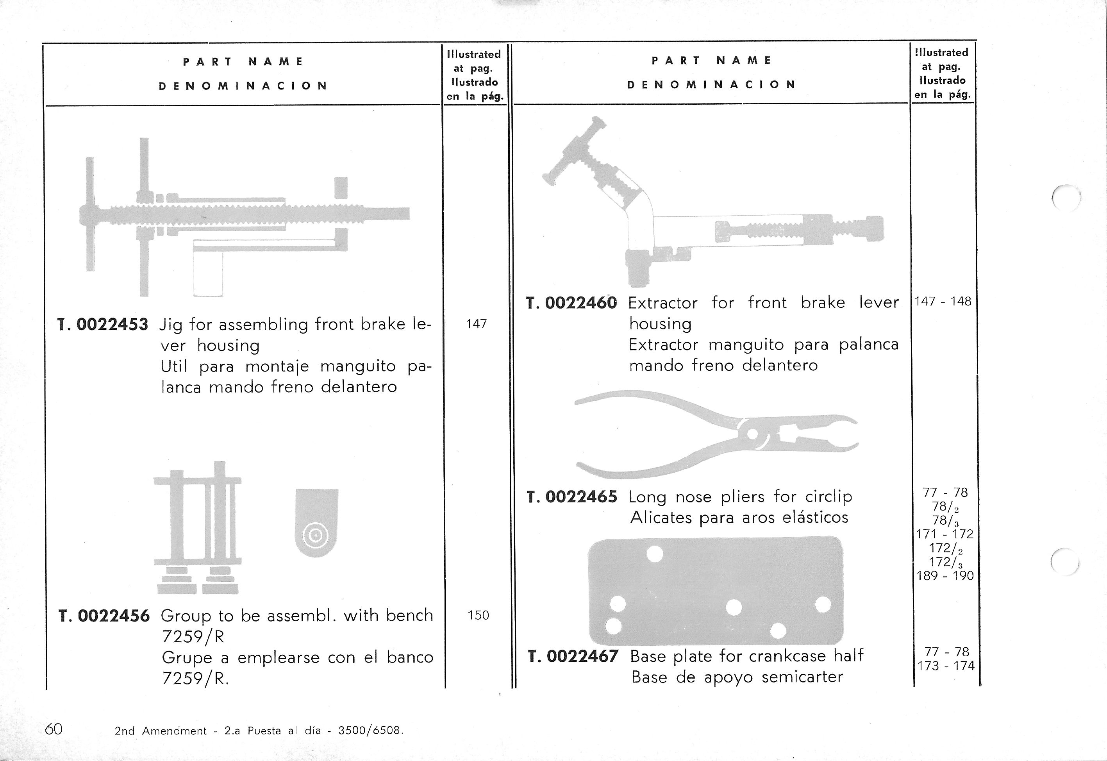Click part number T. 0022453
pos(102,325)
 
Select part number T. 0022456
pos(104,616)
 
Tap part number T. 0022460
pos(571,303)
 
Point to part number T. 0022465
pos(571,497)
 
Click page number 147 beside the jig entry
pos(476,324)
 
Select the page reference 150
pos(478,616)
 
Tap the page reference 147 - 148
pos(943,301)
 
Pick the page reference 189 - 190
pos(945,576)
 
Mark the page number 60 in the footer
pos(54,729)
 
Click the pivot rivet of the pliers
pos(752,434)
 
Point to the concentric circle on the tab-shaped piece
pos(316,536)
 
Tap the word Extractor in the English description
pos(662,303)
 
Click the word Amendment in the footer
pos(175,731)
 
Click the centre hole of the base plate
pos(734,607)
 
